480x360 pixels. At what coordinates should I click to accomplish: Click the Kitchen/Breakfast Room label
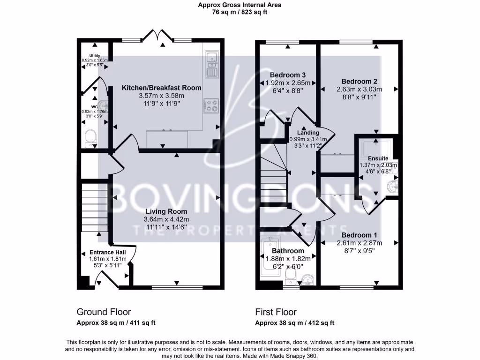162,88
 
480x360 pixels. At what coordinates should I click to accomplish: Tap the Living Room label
166,211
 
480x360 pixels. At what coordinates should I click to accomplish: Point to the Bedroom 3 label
288,75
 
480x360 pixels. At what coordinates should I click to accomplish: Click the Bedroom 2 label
359,81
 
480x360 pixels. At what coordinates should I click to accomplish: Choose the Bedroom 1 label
359,235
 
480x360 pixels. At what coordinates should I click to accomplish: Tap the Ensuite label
378,158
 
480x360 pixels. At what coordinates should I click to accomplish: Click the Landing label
307,133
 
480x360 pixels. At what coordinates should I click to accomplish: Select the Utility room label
95,56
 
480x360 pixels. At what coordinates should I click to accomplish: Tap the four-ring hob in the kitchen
211,105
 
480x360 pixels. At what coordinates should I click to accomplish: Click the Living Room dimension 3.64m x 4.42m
166,219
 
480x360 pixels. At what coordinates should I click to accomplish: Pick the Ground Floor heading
104,312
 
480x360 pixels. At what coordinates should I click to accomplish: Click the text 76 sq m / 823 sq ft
240,13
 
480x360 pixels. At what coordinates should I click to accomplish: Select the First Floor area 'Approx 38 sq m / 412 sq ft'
294,323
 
